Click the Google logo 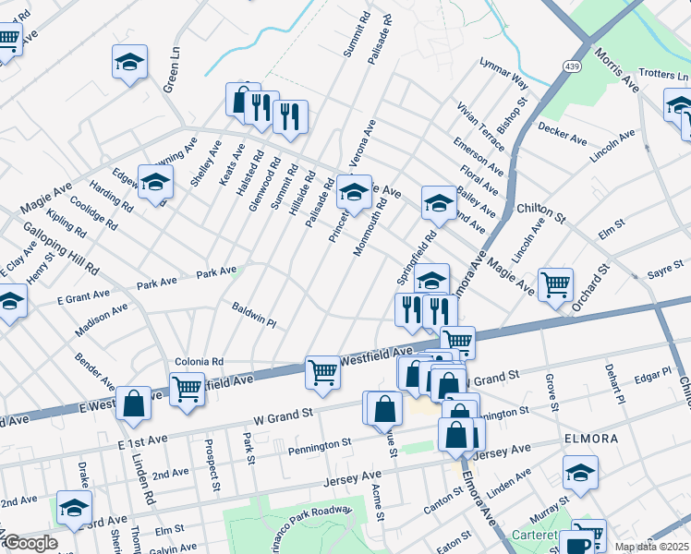click(30, 543)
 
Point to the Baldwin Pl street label click(254, 315)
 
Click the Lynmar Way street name click(503, 74)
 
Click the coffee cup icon click(579, 544)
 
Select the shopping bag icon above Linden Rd click(134, 403)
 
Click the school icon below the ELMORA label click(581, 473)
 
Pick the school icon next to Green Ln click(130, 62)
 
